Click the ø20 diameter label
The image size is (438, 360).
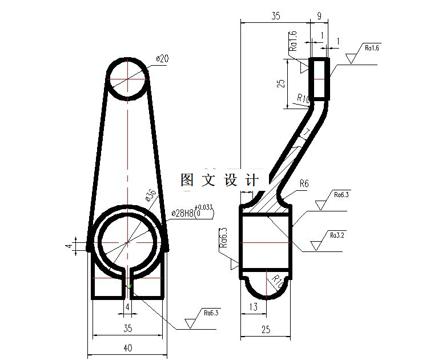click(x=163, y=58)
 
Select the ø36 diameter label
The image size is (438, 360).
click(x=151, y=195)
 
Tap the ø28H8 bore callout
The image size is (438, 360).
click(x=182, y=213)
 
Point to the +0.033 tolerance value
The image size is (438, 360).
click(x=204, y=207)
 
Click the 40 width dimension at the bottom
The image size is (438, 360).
click(x=127, y=347)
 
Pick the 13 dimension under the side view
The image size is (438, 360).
click(x=254, y=307)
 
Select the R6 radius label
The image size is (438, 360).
click(x=304, y=183)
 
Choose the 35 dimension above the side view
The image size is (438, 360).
click(x=275, y=16)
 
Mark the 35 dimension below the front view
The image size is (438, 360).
click(x=127, y=329)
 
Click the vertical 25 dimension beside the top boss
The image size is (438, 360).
click(x=280, y=83)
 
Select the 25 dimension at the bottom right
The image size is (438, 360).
click(x=266, y=329)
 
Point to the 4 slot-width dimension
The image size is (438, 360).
click(x=127, y=307)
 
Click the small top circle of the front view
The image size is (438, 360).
click(x=127, y=78)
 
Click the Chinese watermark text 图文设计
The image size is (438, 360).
click(x=219, y=180)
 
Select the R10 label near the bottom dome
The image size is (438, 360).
click(x=276, y=281)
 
